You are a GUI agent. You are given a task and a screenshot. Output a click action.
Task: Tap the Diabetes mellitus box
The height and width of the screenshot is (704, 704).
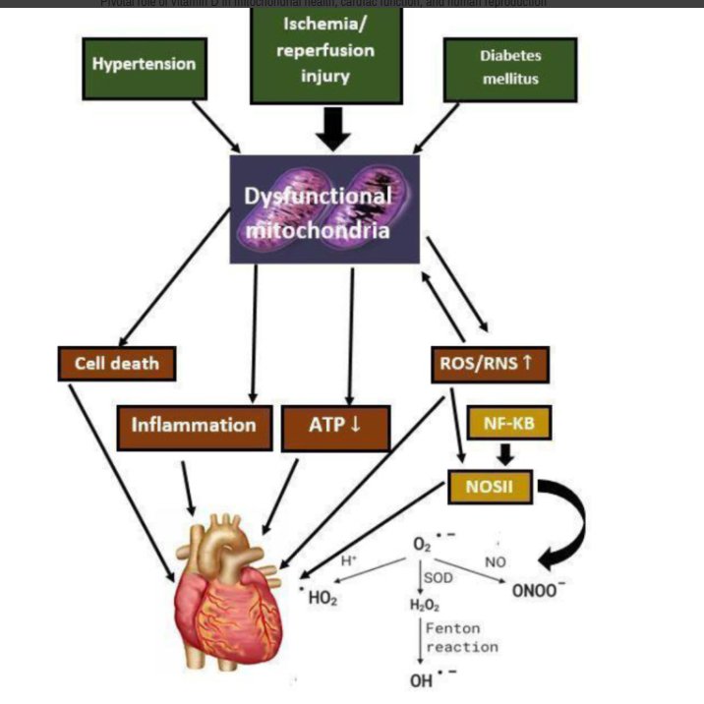510,68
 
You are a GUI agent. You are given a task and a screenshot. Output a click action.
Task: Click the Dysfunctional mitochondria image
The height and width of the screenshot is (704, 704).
324,208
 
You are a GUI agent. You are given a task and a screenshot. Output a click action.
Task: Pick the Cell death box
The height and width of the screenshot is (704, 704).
117,364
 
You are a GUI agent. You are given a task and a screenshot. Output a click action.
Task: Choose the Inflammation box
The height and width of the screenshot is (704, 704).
194,425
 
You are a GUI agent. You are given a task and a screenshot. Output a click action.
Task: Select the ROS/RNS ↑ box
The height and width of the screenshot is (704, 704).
488,364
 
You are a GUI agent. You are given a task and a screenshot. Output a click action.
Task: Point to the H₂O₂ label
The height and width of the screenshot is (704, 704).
422,605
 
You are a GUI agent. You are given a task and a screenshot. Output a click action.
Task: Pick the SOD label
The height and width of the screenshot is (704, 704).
439,578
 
